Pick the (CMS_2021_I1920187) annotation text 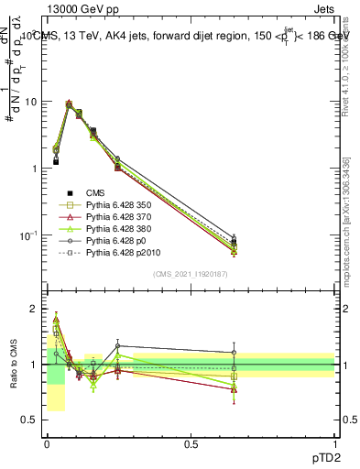tap(191, 274)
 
